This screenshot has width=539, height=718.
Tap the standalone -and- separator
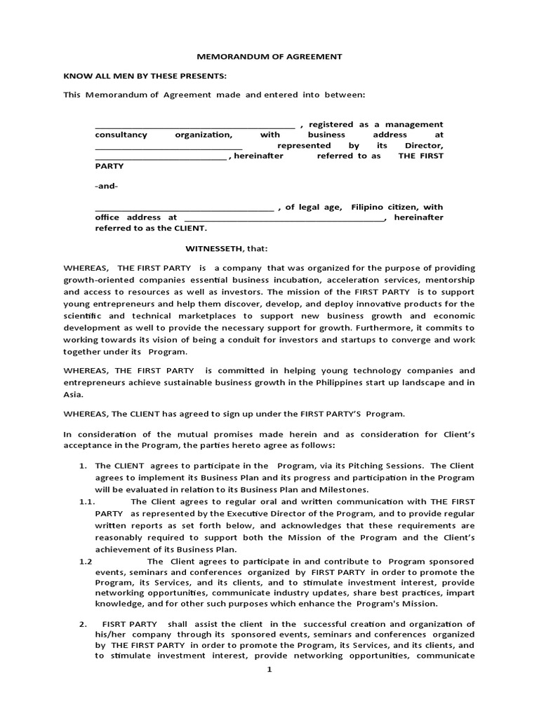coord(107,187)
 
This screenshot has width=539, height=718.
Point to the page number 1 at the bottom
coord(268,670)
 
